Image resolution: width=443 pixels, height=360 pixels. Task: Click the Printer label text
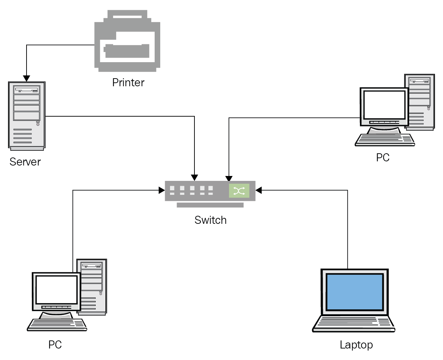[128, 83]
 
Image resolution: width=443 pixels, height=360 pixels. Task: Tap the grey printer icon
[127, 41]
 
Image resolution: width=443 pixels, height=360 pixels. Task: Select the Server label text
[25, 162]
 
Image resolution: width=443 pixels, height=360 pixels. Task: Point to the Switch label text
[211, 220]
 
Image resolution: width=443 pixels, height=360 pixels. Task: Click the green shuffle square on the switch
[239, 191]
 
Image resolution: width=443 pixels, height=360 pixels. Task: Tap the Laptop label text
[356, 345]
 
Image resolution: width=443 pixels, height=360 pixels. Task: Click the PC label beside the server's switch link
[383, 157]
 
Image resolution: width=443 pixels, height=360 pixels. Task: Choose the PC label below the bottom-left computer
[55, 345]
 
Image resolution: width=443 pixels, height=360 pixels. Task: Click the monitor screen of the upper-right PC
[384, 104]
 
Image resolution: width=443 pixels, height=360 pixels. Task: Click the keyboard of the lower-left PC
[57, 324]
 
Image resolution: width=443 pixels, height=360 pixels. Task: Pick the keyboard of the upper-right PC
[385, 139]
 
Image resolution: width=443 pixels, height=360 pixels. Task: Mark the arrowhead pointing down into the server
[27, 79]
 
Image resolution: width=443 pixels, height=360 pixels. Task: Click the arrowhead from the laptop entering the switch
[259, 190]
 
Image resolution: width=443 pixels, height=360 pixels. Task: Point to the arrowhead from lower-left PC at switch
[161, 190]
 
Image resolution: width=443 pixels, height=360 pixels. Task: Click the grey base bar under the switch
[210, 205]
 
